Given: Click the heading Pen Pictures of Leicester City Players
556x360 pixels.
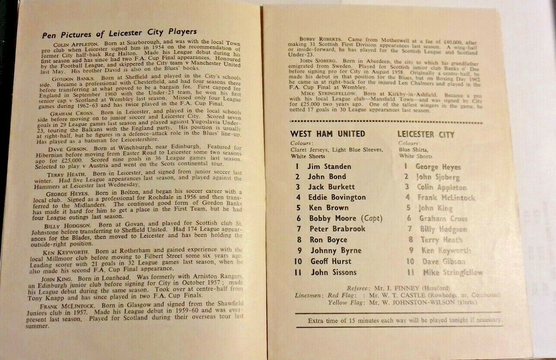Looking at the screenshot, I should point(119,32).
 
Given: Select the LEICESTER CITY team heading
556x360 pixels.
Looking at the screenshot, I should point(426,135).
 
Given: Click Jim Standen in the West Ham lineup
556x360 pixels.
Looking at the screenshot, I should point(329,166).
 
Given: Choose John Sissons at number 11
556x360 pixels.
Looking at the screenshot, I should point(333,272).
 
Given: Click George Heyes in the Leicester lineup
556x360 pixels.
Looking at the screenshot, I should point(438,167).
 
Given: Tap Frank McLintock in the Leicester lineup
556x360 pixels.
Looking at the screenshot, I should point(446,198).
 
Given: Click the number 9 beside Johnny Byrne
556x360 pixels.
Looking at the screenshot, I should point(298,251).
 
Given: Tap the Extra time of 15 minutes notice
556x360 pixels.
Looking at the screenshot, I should point(405,321).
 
